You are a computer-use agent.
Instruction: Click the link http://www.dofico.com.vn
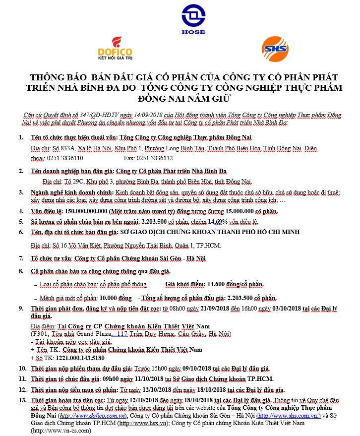tap(92, 415)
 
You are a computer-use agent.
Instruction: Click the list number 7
tap(21, 258)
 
